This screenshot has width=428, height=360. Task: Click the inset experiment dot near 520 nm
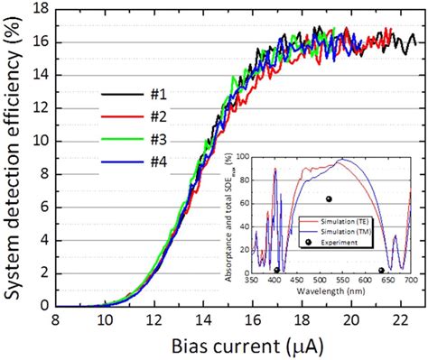[x=329, y=198]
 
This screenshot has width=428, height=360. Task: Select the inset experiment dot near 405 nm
[x=276, y=270]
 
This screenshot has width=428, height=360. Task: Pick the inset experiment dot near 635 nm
[x=381, y=270]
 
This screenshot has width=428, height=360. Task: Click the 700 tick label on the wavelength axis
[x=411, y=281]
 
